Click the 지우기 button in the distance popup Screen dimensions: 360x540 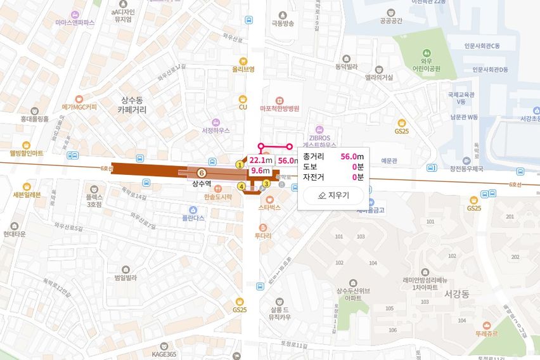333,195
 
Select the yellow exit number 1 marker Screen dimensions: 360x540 240,164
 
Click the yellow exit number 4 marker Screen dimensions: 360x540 241,186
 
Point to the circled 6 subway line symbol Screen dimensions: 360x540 202,172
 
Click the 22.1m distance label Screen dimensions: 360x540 260,160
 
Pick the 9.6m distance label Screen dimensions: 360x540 260,170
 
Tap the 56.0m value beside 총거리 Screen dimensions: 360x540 352,156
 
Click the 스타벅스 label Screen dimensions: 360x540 269,207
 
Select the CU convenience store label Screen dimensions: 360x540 242,107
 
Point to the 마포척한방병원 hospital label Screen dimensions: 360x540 279,108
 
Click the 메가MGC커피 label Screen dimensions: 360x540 79,107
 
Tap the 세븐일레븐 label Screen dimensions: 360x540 26,195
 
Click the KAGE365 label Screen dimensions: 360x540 164,354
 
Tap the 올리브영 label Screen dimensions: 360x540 243,69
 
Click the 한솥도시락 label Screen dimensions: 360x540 218,196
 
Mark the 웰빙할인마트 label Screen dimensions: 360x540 26,153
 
